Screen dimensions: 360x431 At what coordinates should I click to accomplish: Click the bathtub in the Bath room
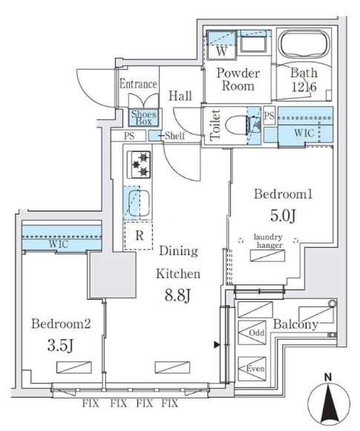(304, 45)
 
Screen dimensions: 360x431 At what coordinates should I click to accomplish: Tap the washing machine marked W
(222, 45)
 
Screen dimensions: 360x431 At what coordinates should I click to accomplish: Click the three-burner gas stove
(139, 165)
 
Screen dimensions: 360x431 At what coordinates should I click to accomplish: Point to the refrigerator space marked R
(138, 236)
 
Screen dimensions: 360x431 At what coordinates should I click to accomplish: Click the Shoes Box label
(143, 118)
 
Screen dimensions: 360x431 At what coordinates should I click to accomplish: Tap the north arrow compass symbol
(328, 402)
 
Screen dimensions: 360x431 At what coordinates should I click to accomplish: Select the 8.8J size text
(177, 295)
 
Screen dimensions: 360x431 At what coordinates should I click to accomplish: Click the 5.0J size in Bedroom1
(283, 215)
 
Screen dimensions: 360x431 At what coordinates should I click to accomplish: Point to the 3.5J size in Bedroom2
(61, 345)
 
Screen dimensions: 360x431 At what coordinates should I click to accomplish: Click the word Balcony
(295, 325)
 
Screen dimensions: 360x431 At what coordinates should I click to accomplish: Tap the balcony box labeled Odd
(252, 332)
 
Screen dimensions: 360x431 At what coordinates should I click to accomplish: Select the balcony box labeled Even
(252, 369)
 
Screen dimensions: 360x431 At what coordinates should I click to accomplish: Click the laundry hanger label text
(268, 241)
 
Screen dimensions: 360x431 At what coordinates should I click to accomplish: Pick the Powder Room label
(238, 79)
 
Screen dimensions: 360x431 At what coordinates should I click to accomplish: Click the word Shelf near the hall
(175, 136)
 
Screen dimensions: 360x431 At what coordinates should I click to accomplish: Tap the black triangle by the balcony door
(217, 344)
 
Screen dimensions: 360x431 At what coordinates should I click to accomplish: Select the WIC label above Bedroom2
(59, 244)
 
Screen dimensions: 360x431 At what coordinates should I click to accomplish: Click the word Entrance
(138, 84)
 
